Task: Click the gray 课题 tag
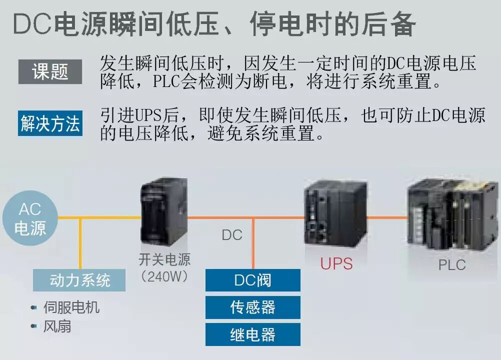(x=50, y=72)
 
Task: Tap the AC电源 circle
(x=30, y=218)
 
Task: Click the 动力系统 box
(x=79, y=280)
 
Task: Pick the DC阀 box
(x=252, y=280)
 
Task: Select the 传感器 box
(x=252, y=307)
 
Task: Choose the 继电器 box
(x=252, y=334)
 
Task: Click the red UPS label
(x=336, y=263)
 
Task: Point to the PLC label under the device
(x=451, y=264)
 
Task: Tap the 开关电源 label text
(x=164, y=259)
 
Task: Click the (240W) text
(x=164, y=276)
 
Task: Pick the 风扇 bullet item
(x=57, y=326)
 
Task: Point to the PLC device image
(x=452, y=215)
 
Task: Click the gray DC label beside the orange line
(x=232, y=234)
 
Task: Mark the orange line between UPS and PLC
(x=387, y=217)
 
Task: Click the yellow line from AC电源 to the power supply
(x=100, y=217)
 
